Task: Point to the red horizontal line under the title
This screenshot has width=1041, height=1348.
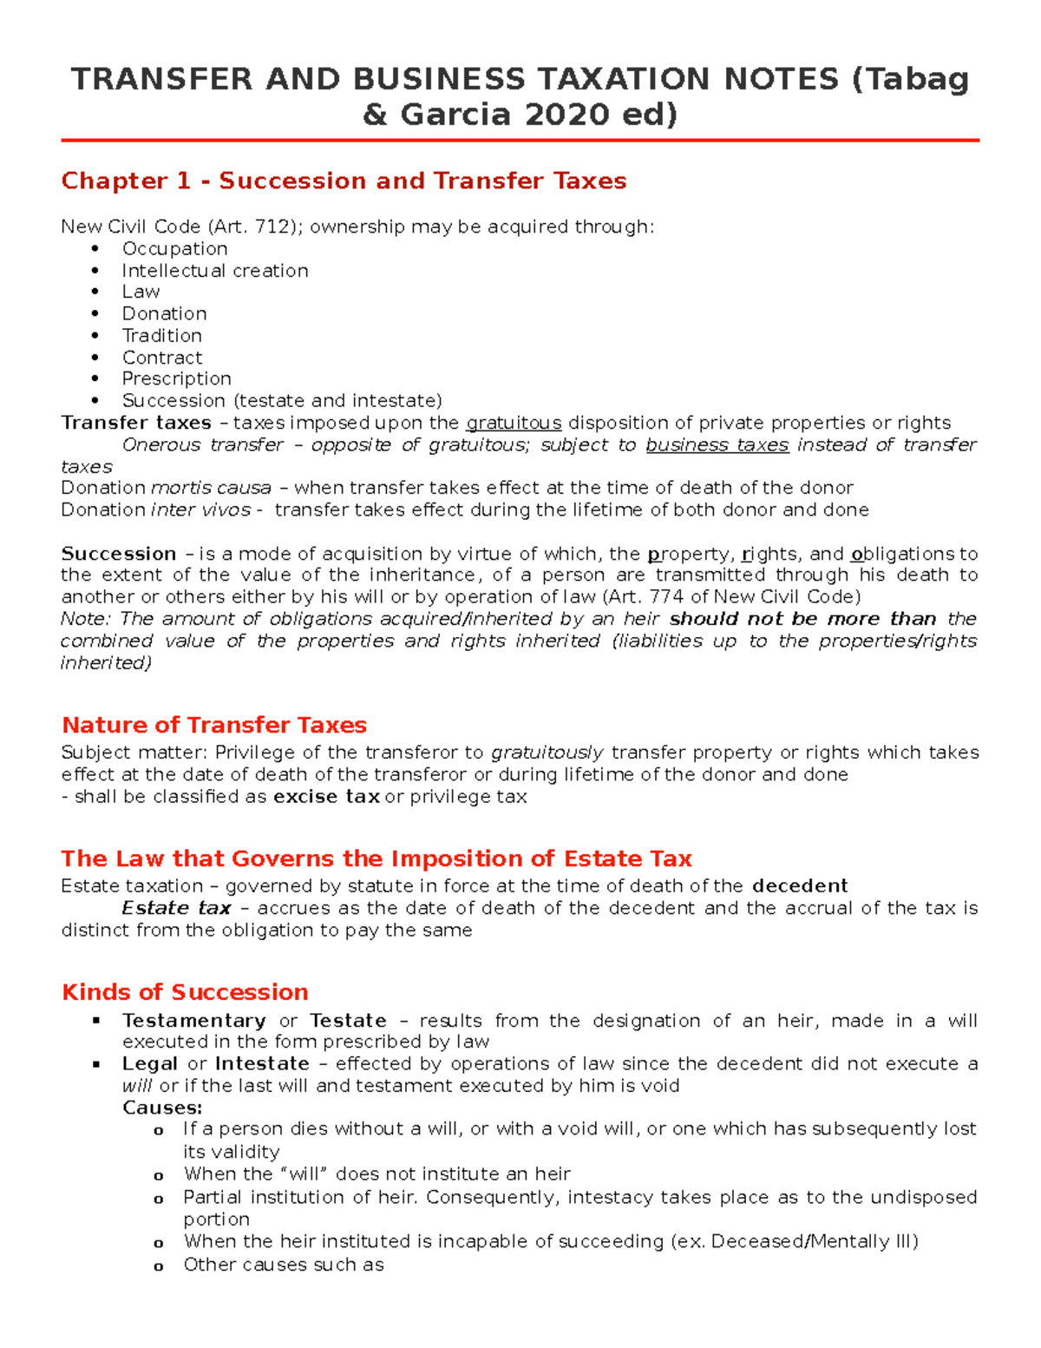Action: coord(520,140)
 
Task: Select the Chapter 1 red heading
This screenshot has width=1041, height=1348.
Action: coord(344,181)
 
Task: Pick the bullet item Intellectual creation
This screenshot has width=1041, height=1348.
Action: coord(214,271)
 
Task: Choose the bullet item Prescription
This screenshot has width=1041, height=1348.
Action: coord(176,378)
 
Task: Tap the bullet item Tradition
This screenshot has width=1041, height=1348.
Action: coord(161,335)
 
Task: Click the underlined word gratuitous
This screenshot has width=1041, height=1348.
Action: coord(514,423)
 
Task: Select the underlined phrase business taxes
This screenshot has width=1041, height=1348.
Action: coord(717,444)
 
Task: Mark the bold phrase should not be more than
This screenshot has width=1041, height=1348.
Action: coord(802,619)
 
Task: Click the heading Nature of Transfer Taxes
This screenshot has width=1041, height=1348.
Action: coord(214,725)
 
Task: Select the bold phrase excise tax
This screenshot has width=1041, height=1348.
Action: coord(326,797)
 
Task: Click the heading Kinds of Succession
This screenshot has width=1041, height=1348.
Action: coord(185,992)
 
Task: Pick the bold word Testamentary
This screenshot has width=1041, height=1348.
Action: coord(193,1021)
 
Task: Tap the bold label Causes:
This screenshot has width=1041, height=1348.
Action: coord(162,1108)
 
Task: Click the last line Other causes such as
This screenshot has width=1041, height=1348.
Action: coord(283,1265)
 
